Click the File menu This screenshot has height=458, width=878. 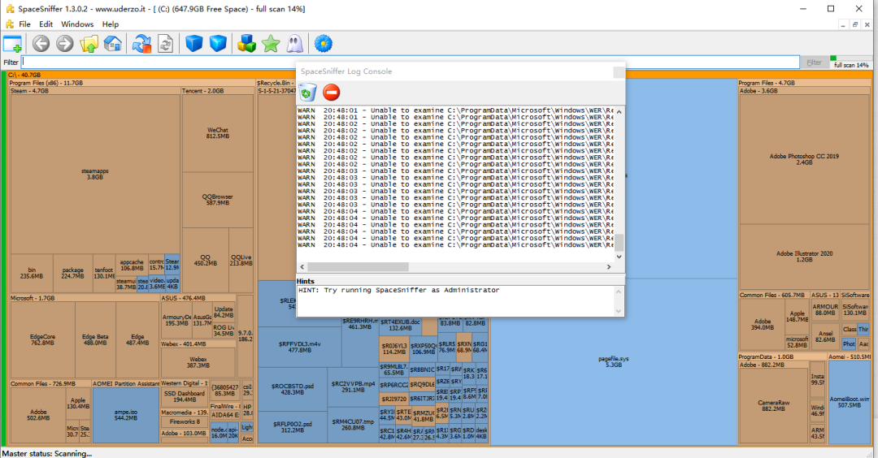pyautogui.click(x=24, y=24)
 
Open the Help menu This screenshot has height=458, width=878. pyautogui.click(x=110, y=24)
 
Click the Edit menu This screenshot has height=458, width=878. pyautogui.click(x=46, y=24)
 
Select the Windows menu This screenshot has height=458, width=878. pyautogui.click(x=77, y=24)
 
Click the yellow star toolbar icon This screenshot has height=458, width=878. pyautogui.click(x=271, y=43)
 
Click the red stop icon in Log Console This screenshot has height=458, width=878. pyautogui.click(x=331, y=93)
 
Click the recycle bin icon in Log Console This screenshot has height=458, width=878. pyautogui.click(x=307, y=93)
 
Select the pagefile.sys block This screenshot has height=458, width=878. pyautogui.click(x=614, y=361)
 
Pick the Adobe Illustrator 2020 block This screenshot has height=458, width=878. pyautogui.click(x=803, y=256)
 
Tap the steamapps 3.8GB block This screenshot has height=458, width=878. pyautogui.click(x=95, y=173)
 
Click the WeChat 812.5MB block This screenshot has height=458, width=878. pyautogui.click(x=217, y=132)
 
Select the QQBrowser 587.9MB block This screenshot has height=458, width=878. pyautogui.click(x=217, y=199)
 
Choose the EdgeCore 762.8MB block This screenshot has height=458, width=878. pyautogui.click(x=42, y=339)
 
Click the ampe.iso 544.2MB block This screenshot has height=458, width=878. pyautogui.click(x=125, y=414)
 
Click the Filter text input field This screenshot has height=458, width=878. pyautogui.click(x=406, y=62)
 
